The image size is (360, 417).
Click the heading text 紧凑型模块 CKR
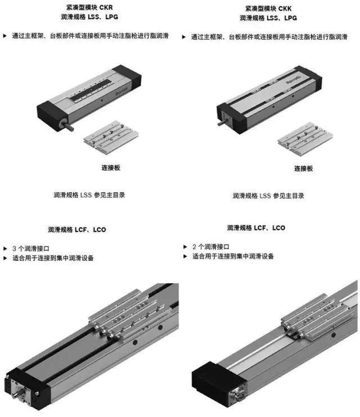[89, 7]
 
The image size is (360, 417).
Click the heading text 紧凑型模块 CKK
[268, 8]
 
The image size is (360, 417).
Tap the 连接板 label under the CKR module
[111, 167]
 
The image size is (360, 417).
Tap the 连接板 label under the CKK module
[304, 169]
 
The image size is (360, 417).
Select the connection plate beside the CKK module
[305, 138]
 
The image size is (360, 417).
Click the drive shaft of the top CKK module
[222, 123]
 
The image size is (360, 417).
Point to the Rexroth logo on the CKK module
[294, 80]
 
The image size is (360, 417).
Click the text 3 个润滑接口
[31, 248]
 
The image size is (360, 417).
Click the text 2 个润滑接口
[211, 247]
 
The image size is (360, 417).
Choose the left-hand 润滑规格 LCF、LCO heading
[77, 229]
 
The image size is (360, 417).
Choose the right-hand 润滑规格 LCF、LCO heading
[256, 228]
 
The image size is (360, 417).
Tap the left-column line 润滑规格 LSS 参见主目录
[89, 195]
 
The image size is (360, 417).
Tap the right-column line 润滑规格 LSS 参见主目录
[268, 196]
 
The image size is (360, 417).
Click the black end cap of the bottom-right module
[215, 383]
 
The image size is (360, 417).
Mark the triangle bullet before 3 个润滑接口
[5, 248]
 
